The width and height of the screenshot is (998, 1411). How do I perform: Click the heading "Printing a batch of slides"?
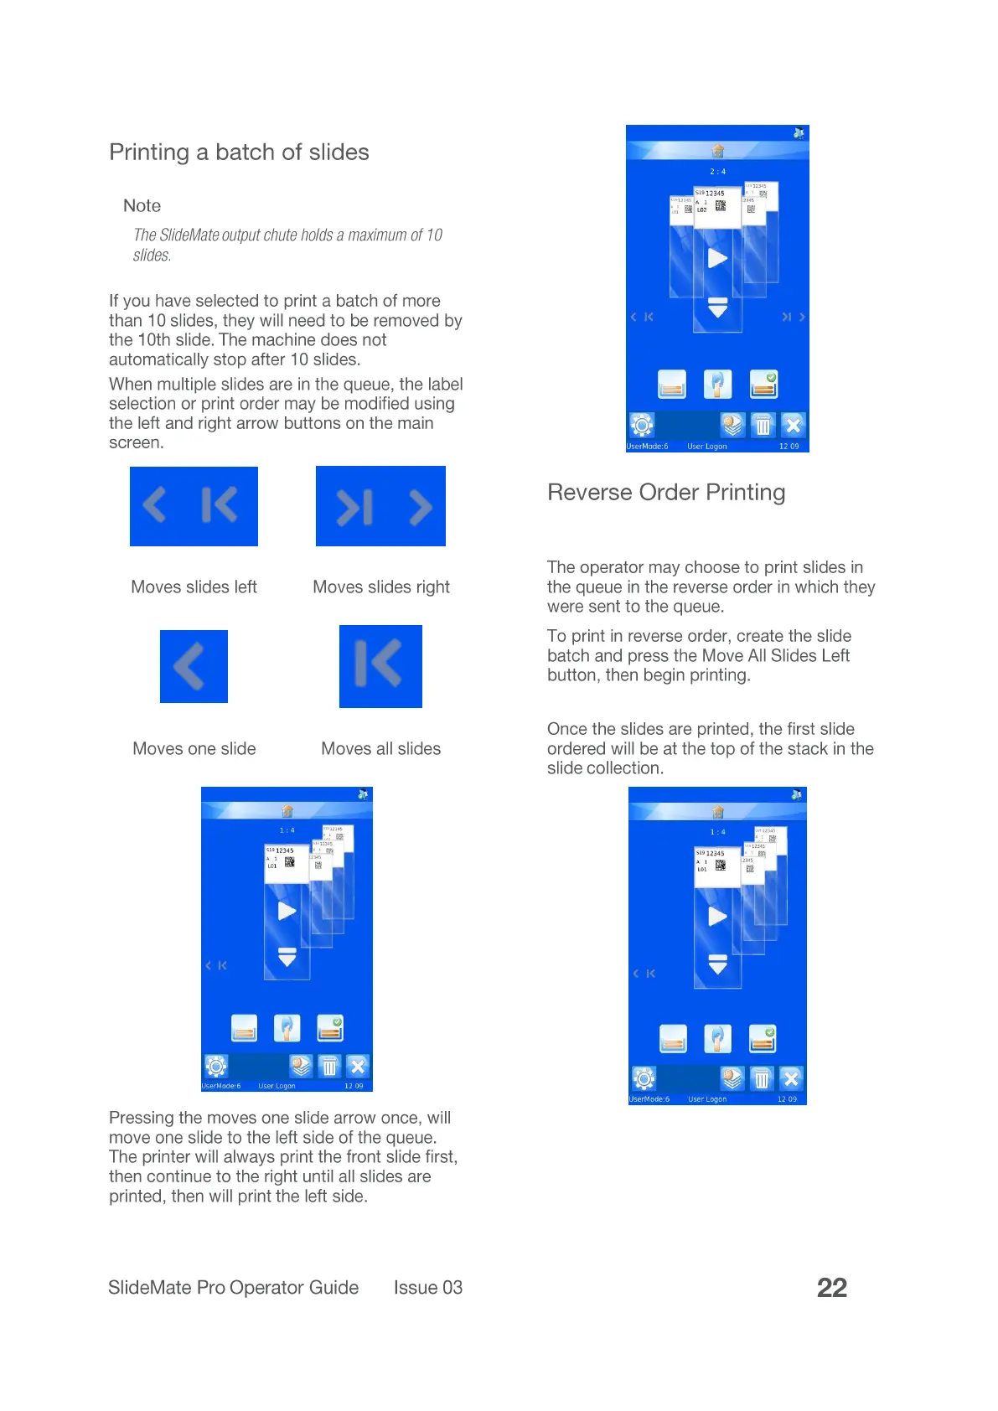pyautogui.click(x=239, y=152)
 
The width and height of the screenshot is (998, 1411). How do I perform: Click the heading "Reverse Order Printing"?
pyautogui.click(x=666, y=493)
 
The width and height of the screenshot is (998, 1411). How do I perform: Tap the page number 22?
pyautogui.click(x=831, y=1288)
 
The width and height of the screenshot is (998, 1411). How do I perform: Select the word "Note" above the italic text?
pyautogui.click(x=142, y=206)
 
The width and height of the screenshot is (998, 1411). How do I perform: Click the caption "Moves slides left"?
pyautogui.click(x=194, y=587)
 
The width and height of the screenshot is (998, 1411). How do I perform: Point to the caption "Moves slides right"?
pyautogui.click(x=380, y=587)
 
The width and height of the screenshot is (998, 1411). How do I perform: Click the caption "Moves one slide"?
pyautogui.click(x=194, y=749)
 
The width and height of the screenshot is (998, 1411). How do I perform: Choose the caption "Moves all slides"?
pyautogui.click(x=380, y=749)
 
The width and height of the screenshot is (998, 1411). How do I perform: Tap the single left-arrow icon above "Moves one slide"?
pyautogui.click(x=193, y=667)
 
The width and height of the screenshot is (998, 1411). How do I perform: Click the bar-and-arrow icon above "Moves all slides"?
pyautogui.click(x=380, y=666)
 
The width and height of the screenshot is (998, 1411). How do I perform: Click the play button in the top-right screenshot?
pyautogui.click(x=717, y=258)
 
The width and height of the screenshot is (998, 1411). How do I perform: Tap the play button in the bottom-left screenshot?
pyautogui.click(x=287, y=911)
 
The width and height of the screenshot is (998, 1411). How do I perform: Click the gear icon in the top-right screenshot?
pyautogui.click(x=642, y=425)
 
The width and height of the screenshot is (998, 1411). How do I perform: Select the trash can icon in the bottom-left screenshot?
pyautogui.click(x=329, y=1066)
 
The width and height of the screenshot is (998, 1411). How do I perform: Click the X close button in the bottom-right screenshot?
pyautogui.click(x=790, y=1078)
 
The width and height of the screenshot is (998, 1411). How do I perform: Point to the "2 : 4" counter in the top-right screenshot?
pyautogui.click(x=717, y=172)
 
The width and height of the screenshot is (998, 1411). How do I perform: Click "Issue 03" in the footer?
pyautogui.click(x=427, y=1288)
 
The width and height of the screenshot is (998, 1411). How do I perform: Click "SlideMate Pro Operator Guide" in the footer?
pyautogui.click(x=233, y=1288)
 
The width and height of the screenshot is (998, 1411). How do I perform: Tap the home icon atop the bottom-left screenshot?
pyautogui.click(x=287, y=811)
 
